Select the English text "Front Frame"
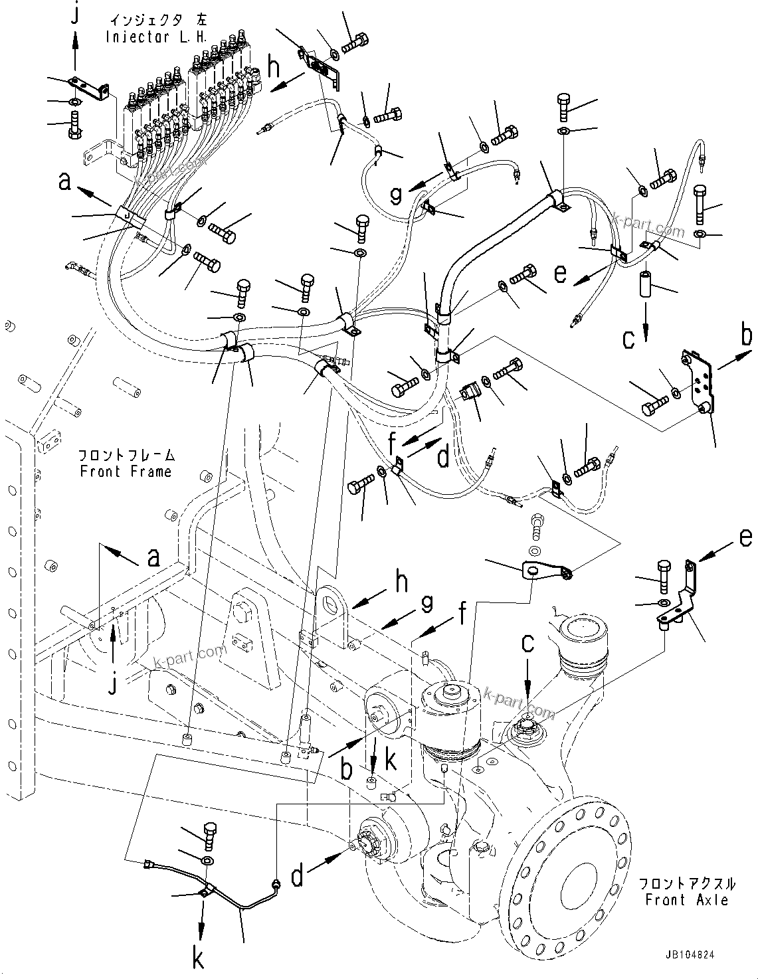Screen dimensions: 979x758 tap(126, 472)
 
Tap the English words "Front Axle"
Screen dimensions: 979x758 tap(687, 900)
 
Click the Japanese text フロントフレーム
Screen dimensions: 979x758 tap(126, 456)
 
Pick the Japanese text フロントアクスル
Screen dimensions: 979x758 tap(688, 884)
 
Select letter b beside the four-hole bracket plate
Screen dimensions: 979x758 tap(747, 335)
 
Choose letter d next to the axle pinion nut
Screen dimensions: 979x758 tap(298, 877)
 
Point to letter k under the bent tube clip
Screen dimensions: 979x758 tap(198, 958)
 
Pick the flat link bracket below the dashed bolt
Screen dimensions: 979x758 tap(546, 571)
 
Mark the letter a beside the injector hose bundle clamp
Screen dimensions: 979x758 tap(65, 181)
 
